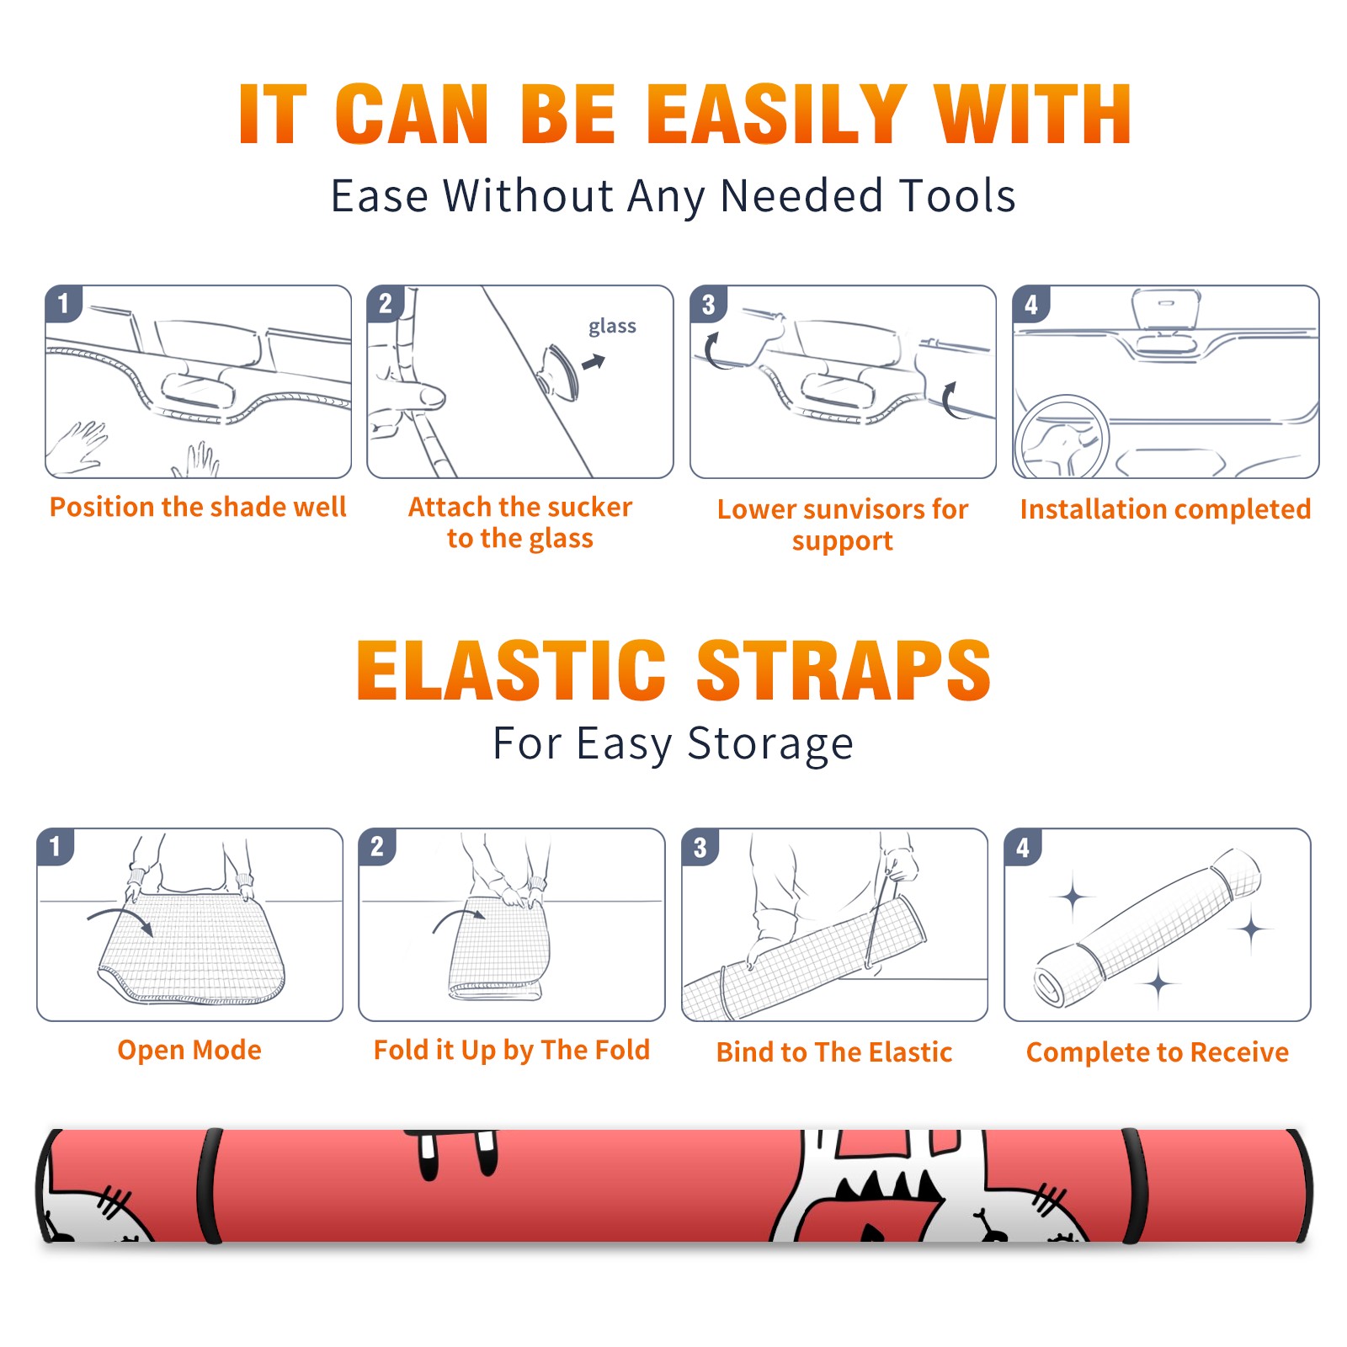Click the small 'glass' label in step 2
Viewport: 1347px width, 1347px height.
[x=612, y=327]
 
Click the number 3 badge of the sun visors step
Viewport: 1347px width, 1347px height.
[x=708, y=305]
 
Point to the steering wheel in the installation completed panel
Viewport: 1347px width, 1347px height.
[x=1062, y=437]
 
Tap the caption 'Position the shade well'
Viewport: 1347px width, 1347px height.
[x=198, y=507]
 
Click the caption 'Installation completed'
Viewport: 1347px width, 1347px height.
[x=1165, y=509]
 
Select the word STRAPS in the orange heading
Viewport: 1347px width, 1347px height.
[x=844, y=670]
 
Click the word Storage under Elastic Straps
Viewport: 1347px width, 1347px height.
[x=770, y=744]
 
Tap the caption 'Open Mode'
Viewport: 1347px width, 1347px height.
[x=189, y=1050]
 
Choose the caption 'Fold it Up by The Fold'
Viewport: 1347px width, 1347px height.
[x=512, y=1050]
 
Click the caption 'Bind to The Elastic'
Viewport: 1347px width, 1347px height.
[x=834, y=1052]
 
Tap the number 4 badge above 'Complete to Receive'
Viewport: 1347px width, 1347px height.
[x=1023, y=847]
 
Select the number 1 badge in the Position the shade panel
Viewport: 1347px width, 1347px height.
[x=63, y=303]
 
